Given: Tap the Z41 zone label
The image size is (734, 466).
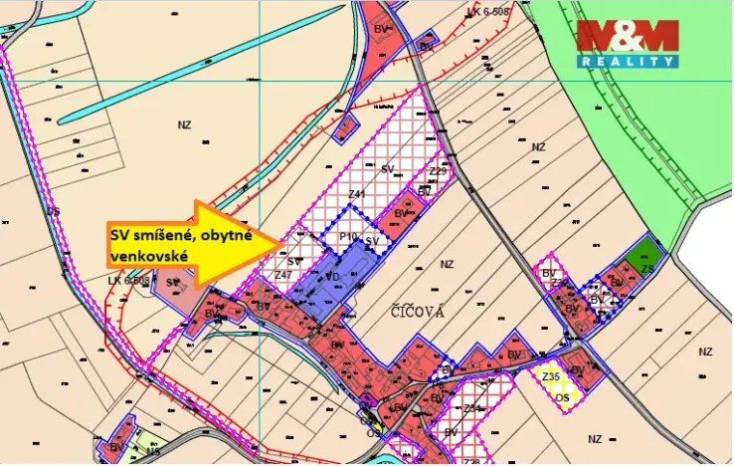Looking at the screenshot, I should click(358, 194).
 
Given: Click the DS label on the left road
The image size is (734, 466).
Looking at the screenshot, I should click(54, 212).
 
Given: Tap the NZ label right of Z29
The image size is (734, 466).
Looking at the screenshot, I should click(538, 146).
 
